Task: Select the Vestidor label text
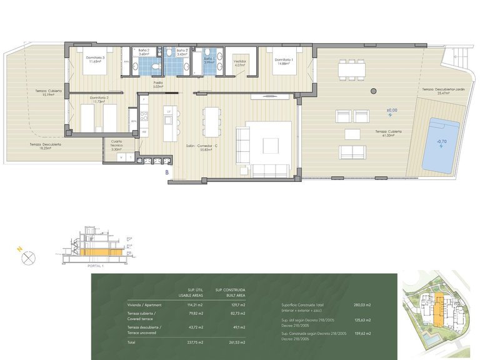pyautogui.click(x=241, y=62)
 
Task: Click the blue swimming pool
pyautogui.click(x=440, y=144)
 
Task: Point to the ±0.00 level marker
pyautogui.click(x=391, y=111)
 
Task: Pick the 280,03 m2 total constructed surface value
pyautogui.click(x=362, y=305)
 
